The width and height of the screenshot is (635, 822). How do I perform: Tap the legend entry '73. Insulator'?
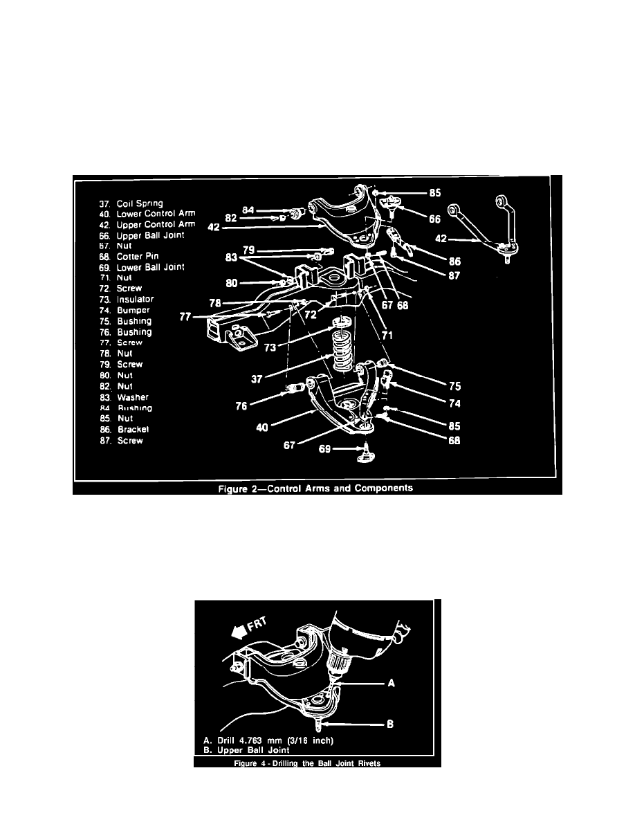coord(131,300)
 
